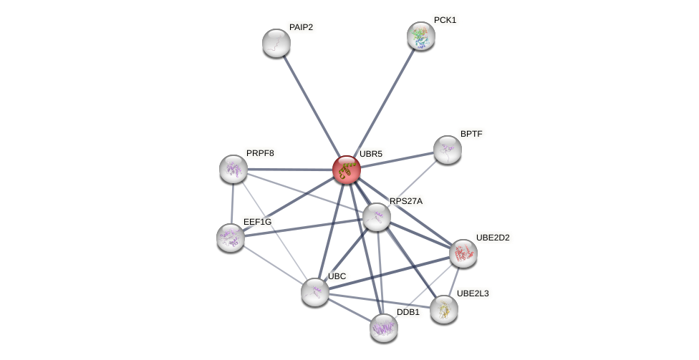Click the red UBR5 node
pos(347,170)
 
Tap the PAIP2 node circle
pos(276,43)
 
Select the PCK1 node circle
pos(421,36)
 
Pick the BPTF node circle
pos(448,150)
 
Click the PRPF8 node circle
pos(233,169)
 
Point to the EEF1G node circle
pos(231,238)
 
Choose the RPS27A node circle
pos(377,217)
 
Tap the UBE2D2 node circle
pos(463,253)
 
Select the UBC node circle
pos(315,292)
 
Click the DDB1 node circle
pos(384,328)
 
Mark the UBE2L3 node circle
pos(444,309)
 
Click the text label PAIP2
pos(301,27)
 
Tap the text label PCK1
pos(445,20)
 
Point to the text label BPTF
pos(471,134)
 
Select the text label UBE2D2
pos(493,238)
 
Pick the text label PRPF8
pos(260,153)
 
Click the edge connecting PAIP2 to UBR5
pos(312,106)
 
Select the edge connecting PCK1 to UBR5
pos(384,102)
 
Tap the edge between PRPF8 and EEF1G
pos(232,203)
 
